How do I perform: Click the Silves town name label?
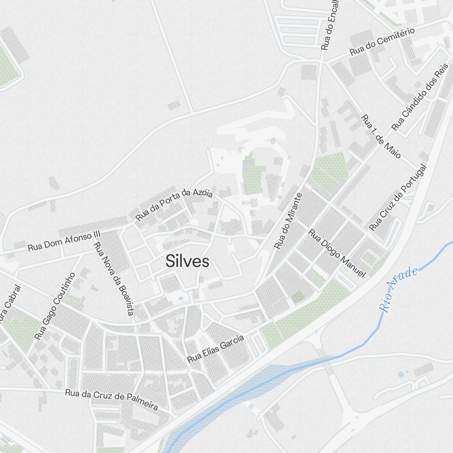click(187, 261)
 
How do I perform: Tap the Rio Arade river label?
click(398, 290)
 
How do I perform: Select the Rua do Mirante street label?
click(288, 221)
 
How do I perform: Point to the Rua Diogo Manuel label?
click(337, 253)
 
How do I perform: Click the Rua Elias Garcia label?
click(216, 349)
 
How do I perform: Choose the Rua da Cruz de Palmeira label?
click(111, 400)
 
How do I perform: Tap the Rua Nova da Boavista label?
click(113, 279)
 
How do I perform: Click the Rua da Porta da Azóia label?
click(174, 205)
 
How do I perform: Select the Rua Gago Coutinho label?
click(54, 306)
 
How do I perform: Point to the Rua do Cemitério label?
click(382, 42)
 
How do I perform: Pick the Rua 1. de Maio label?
click(381, 136)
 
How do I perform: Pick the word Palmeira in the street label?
click(141, 404)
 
